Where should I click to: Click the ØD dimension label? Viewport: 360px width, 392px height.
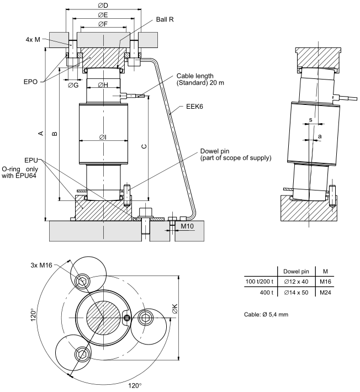point(103,6)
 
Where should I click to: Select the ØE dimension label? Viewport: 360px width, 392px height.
point(103,15)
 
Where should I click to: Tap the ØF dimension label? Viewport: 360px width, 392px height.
point(103,24)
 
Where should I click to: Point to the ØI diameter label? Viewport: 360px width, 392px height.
point(103,137)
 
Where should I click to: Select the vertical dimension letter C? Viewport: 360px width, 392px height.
point(144,146)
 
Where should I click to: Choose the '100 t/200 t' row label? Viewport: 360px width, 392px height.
point(260,281)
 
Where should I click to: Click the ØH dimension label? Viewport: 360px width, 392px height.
point(103,84)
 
